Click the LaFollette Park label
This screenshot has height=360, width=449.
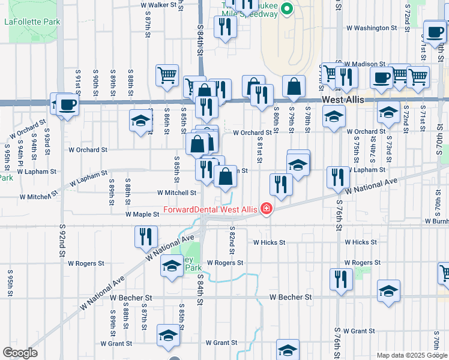click(x=32, y=22)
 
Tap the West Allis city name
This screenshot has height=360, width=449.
click(x=342, y=100)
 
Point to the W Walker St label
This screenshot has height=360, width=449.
click(x=161, y=4)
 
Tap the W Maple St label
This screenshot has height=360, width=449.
click(x=141, y=214)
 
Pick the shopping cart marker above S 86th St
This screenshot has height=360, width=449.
click(x=167, y=75)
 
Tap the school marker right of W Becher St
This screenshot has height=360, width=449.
click(x=388, y=290)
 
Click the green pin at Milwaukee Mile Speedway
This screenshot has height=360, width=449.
click(x=286, y=10)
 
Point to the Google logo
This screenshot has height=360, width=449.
click(x=20, y=353)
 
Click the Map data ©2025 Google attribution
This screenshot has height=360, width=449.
click(x=412, y=355)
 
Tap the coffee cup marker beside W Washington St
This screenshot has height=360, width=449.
click(x=434, y=31)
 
